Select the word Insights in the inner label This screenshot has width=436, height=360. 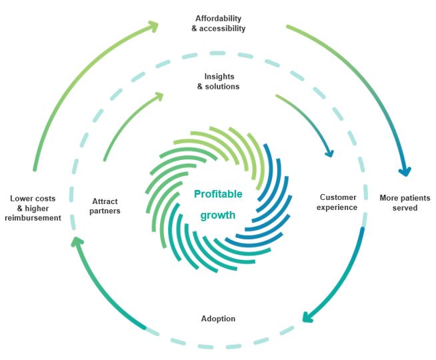click(x=218, y=76)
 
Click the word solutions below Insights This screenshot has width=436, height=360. click(x=223, y=87)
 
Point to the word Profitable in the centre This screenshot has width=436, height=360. click(x=218, y=195)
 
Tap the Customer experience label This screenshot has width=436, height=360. click(x=339, y=203)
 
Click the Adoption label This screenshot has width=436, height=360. click(x=218, y=319)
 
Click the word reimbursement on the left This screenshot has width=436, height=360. click(x=33, y=219)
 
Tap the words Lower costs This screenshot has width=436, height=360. click(x=33, y=199)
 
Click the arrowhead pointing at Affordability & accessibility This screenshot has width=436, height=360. click(x=153, y=26)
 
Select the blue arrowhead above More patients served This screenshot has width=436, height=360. click(x=404, y=171)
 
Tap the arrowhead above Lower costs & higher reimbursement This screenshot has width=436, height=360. click(x=77, y=243)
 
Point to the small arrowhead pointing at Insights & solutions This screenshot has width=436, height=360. click(x=158, y=96)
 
